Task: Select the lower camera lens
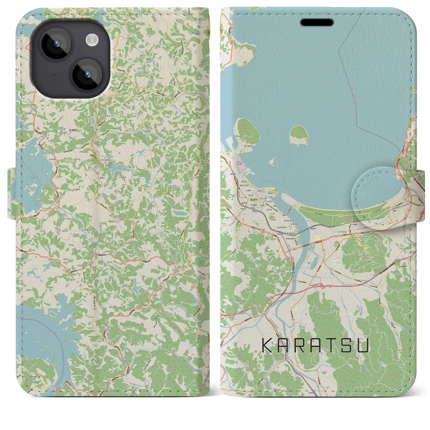click(x=87, y=75)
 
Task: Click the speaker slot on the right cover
click(x=317, y=23)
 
